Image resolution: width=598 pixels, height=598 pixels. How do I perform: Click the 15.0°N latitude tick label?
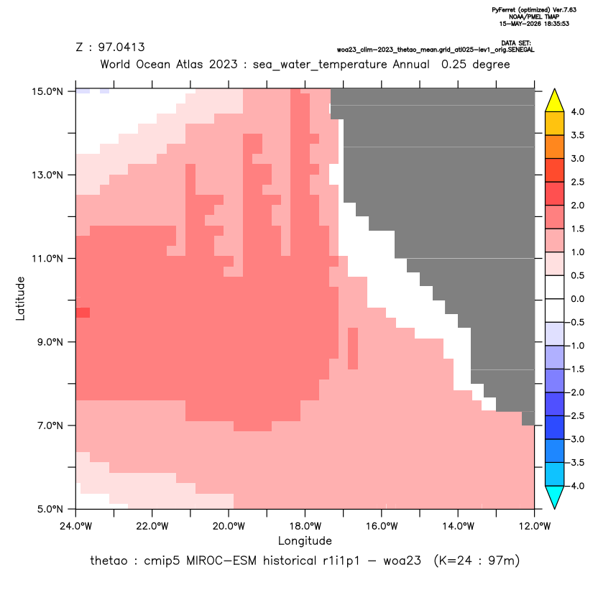47,91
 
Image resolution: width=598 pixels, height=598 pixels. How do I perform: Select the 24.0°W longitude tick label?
76,526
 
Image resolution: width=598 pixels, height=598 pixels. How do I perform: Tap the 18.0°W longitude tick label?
305,526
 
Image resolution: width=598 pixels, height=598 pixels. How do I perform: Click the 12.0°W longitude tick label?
534,526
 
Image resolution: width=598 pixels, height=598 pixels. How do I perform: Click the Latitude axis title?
20,298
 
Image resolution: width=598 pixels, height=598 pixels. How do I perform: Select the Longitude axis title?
305,540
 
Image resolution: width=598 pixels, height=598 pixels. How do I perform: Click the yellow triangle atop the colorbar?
555,101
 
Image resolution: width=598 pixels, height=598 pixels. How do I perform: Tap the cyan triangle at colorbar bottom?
555,497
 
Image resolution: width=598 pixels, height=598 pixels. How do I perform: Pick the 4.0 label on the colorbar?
577,111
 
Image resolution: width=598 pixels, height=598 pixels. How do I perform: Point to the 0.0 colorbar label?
577,299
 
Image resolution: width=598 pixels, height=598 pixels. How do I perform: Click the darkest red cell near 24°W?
83,313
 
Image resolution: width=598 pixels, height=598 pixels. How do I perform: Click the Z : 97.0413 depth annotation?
111,47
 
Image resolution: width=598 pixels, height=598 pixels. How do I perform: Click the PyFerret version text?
534,10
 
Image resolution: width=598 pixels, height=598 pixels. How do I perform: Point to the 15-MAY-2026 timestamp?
534,24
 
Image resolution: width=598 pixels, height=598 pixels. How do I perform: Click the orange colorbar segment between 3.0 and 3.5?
555,147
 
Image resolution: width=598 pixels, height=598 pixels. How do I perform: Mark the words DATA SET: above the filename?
516,43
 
